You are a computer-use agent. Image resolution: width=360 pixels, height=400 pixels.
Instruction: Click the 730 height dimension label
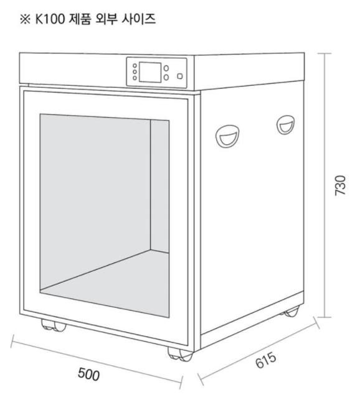[340, 185]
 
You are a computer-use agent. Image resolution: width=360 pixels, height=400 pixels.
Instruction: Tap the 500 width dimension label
[88, 374]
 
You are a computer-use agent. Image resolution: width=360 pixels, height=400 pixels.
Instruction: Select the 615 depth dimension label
[266, 360]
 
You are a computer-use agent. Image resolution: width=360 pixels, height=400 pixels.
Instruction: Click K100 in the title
[50, 19]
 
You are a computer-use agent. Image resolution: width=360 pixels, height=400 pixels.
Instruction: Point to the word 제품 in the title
[80, 19]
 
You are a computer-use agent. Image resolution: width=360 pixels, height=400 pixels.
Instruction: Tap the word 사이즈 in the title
[138, 19]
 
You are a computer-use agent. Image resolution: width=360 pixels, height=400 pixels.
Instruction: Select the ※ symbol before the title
[26, 19]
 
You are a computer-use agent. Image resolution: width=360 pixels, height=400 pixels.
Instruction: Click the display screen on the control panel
[150, 72]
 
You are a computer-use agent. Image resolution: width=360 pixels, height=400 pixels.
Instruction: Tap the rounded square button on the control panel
[180, 76]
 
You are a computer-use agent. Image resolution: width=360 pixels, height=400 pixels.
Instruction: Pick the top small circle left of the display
[135, 66]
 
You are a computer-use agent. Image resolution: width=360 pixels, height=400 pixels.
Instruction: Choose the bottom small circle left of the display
[135, 78]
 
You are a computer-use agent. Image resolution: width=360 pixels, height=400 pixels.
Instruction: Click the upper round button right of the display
[166, 68]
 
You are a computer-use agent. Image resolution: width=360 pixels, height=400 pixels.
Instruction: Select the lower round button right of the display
[166, 77]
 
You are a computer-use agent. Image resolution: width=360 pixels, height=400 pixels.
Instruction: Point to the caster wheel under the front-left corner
[54, 325]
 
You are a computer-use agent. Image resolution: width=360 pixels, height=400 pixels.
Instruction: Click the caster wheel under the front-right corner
[180, 355]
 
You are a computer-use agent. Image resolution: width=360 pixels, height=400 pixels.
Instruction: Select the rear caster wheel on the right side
[290, 312]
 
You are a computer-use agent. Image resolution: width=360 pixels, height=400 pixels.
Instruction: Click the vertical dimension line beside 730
[324, 185]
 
